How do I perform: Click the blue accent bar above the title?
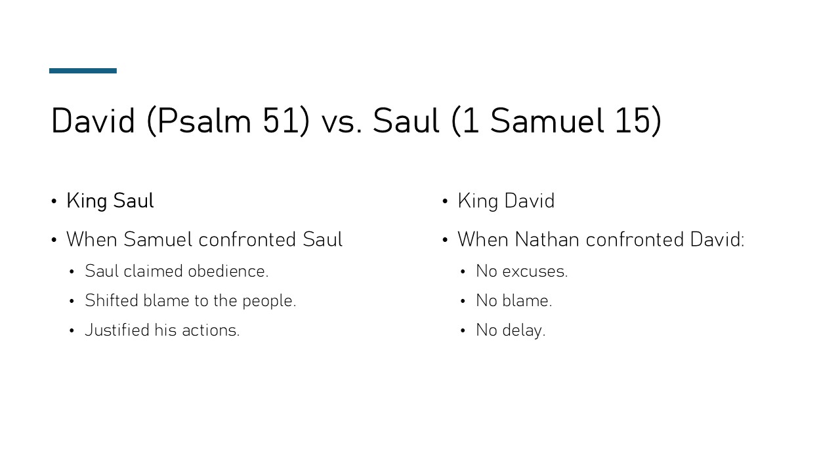click(x=83, y=71)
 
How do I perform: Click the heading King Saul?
click(x=110, y=201)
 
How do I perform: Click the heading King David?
click(x=506, y=201)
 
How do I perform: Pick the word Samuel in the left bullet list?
click(x=158, y=240)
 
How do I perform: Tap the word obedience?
click(x=228, y=271)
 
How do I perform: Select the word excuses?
click(x=535, y=271)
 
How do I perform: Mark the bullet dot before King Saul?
click(x=54, y=201)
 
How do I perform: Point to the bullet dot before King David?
click(x=445, y=201)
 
